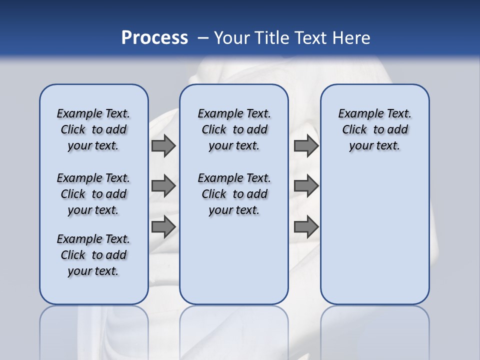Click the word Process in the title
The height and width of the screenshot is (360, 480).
pyautogui.click(x=154, y=38)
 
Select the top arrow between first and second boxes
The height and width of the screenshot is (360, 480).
pyautogui.click(x=163, y=146)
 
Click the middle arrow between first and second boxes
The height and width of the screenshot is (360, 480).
pyautogui.click(x=163, y=186)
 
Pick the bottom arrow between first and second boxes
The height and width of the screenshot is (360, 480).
pyautogui.click(x=163, y=227)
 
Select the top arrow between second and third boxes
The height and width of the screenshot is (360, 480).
pyautogui.click(x=306, y=146)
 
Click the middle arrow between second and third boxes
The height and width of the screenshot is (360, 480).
pyautogui.click(x=306, y=186)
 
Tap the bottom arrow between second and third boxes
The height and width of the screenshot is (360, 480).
pyautogui.click(x=306, y=227)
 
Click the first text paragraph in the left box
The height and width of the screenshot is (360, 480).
pyautogui.click(x=93, y=129)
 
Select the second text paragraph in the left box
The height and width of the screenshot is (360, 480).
pyautogui.click(x=93, y=194)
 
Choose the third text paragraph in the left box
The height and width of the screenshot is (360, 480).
pyautogui.click(x=93, y=255)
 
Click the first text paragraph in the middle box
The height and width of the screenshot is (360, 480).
pyautogui.click(x=234, y=129)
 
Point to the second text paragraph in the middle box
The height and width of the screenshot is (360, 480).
pyautogui.click(x=234, y=194)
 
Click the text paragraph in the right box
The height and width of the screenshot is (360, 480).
pyautogui.click(x=374, y=129)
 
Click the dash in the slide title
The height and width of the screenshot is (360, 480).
pyautogui.click(x=203, y=38)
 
